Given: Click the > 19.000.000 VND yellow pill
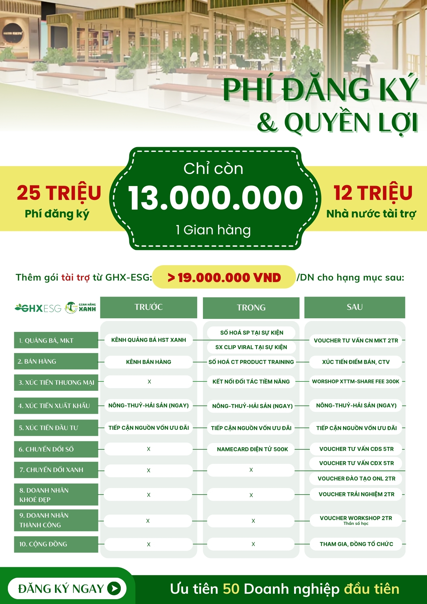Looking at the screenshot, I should (224, 277).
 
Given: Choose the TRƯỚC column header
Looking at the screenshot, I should (149, 307).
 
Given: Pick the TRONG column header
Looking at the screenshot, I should (251, 308).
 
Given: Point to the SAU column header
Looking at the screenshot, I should (355, 307).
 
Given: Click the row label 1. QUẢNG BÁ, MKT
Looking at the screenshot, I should (56, 340).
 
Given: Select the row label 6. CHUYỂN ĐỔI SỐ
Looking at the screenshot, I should (56, 449).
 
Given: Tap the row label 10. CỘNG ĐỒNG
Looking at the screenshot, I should (56, 544).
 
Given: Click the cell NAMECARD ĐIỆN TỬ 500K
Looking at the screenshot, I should (252, 449).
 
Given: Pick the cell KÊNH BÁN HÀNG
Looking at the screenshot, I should (149, 362).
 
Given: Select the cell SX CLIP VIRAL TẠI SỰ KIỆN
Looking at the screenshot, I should (251, 347).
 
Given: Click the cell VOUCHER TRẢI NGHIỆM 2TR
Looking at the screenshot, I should (356, 494).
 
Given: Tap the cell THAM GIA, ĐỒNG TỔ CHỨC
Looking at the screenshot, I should (356, 544).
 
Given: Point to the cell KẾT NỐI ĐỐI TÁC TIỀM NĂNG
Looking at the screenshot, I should (251, 382).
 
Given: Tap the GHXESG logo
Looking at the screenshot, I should (38, 308).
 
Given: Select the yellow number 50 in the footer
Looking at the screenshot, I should (231, 589).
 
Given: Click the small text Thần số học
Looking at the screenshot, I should (356, 524).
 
